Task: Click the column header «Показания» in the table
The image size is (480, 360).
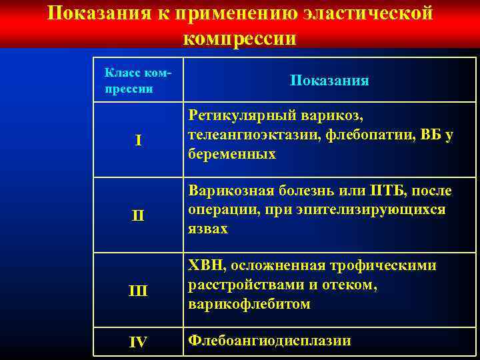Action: [x=329, y=81]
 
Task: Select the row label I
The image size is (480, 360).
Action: [x=137, y=141]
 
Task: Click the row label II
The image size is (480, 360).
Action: [x=137, y=216]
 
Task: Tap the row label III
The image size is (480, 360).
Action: [x=137, y=291]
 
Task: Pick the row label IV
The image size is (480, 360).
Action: [x=137, y=342]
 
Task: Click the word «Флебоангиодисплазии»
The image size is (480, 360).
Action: [x=269, y=341]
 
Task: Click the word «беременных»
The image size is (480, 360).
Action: [x=232, y=154]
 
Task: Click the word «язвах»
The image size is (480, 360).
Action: [x=208, y=229]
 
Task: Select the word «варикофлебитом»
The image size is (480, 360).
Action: [x=249, y=304]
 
